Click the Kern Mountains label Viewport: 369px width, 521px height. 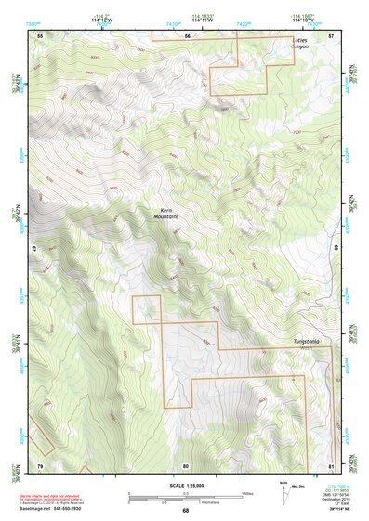click(x=166, y=213)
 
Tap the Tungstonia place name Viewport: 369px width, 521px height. click(x=306, y=342)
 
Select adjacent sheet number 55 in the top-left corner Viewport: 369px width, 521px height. click(x=40, y=35)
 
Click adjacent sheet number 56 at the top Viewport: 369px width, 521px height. click(x=187, y=35)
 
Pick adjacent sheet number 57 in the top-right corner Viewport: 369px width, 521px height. click(x=331, y=35)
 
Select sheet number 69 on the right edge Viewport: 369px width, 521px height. click(x=335, y=249)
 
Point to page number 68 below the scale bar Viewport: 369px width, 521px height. click(x=185, y=510)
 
